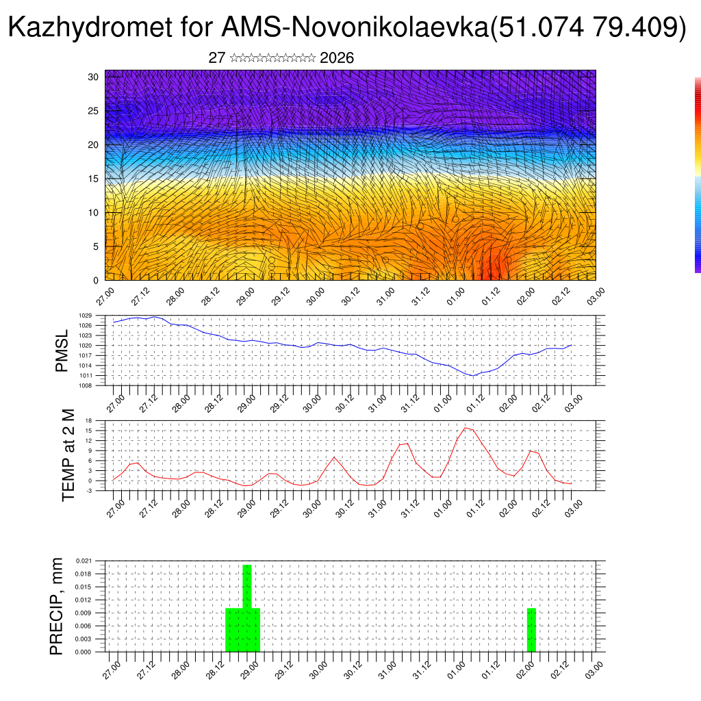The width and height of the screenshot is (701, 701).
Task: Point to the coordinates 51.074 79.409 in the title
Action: pyautogui.click(x=589, y=28)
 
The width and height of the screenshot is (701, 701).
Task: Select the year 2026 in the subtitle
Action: pyautogui.click(x=337, y=58)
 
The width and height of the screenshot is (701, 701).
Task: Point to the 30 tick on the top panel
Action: pyautogui.click(x=93, y=77)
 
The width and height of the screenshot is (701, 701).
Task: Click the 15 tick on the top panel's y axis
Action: pyautogui.click(x=94, y=179)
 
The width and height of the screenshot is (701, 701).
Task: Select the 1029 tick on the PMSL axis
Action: pyautogui.click(x=103, y=316)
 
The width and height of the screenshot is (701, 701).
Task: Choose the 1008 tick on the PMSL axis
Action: pyautogui.click(x=103, y=385)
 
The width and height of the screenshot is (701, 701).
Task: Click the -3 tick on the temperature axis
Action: pyautogui.click(x=106, y=491)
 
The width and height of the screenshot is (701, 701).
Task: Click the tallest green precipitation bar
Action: pyautogui.click(x=247, y=602)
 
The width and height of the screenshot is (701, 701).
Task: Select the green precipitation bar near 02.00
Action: pyautogui.click(x=531, y=630)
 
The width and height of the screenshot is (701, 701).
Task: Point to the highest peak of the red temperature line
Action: pyautogui.click(x=466, y=428)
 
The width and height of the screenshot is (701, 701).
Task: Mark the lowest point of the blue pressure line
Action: pyautogui.click(x=472, y=375)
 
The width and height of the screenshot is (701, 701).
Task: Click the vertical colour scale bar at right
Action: pyautogui.click(x=698, y=175)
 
